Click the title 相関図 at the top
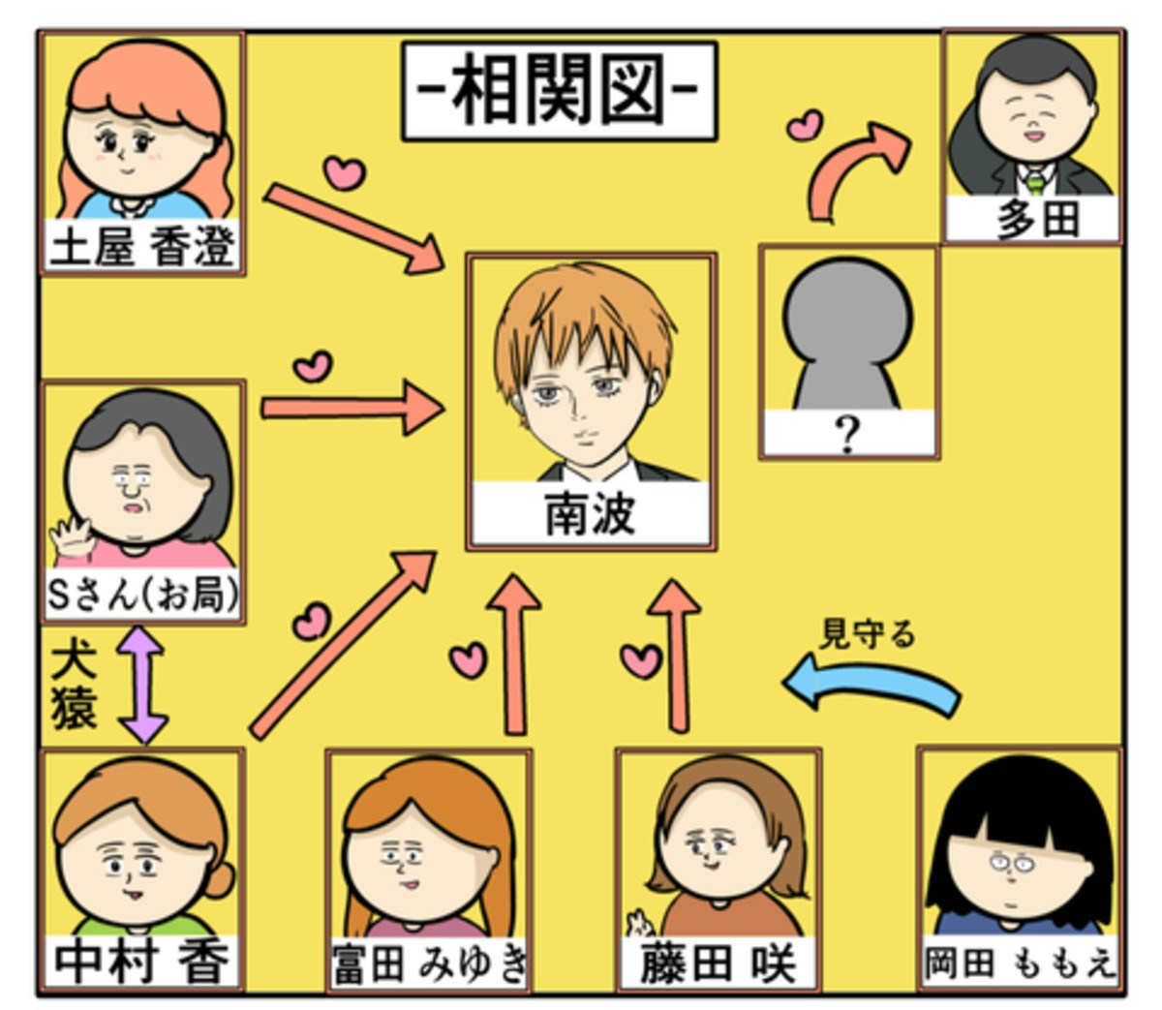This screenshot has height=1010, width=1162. point(560,90)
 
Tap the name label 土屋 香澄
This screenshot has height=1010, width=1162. point(142,248)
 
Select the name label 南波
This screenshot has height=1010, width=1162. point(590,514)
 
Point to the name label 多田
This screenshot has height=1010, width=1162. point(1038,220)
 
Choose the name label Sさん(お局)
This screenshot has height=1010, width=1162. point(142,596)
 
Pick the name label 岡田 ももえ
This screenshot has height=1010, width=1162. point(1020,964)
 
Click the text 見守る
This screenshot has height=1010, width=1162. point(868,634)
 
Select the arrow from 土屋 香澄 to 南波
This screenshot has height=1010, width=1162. point(353,229)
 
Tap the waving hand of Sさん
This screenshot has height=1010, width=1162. point(71,536)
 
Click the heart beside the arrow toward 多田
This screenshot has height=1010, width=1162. point(804,126)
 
